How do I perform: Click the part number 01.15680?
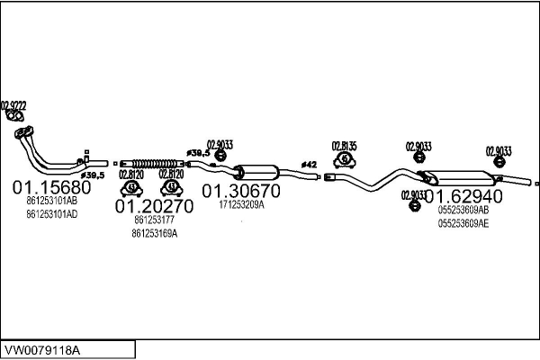point(51,188)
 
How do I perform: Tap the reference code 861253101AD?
point(51,214)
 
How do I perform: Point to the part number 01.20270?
point(155,206)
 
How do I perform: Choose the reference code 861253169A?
point(155,233)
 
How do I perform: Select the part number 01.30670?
point(240,191)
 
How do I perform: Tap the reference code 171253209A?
point(240,204)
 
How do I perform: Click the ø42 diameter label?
point(308,165)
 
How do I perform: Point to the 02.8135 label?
point(344,145)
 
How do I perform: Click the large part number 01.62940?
point(464,195)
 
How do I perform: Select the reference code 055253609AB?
point(464,210)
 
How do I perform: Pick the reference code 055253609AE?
point(464,224)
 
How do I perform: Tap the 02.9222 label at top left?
point(13,105)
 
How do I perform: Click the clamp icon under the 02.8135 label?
point(344,160)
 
